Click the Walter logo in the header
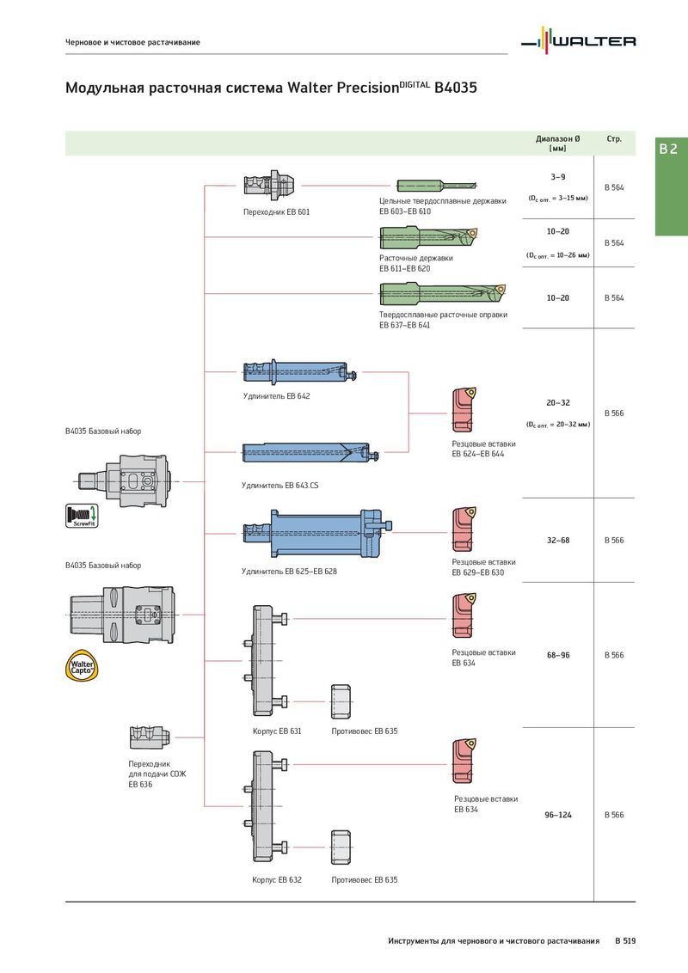tap(578, 40)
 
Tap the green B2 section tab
tap(672, 187)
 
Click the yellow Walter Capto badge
tap(82, 666)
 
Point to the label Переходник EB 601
tap(276, 211)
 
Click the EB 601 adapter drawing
tap(269, 184)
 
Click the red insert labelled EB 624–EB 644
tap(464, 409)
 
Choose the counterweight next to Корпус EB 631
tap(341, 702)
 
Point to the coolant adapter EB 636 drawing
tap(150, 737)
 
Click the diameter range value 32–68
tap(557, 540)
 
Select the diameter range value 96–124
tap(557, 815)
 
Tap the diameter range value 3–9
tap(557, 177)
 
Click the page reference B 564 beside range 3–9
tap(614, 187)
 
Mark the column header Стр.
tap(614, 139)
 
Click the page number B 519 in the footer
tap(625, 940)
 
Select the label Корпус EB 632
tap(277, 880)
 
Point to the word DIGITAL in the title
tap(415, 83)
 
